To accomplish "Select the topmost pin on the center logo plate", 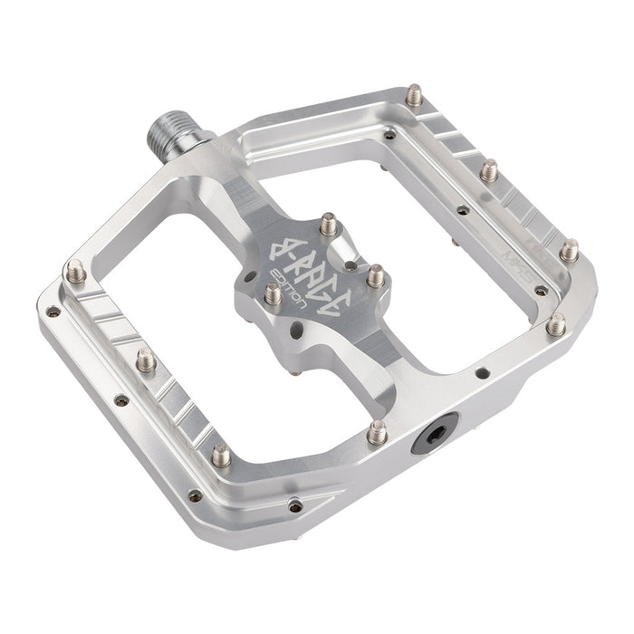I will pos(328,223).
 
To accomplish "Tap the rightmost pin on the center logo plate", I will pos(374,274).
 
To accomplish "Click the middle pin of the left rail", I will pos(146,360).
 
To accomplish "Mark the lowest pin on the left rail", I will pos(221,454).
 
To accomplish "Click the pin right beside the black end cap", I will pos(378,432).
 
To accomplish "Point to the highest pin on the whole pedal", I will pos(414,94).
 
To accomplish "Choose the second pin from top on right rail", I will pos(489,170).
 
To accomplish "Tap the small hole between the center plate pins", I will pos(349,266).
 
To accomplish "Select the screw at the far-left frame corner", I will pos(53,312).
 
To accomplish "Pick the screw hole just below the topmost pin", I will pos(389,135).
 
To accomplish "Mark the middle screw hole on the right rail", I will pos(463,210).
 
